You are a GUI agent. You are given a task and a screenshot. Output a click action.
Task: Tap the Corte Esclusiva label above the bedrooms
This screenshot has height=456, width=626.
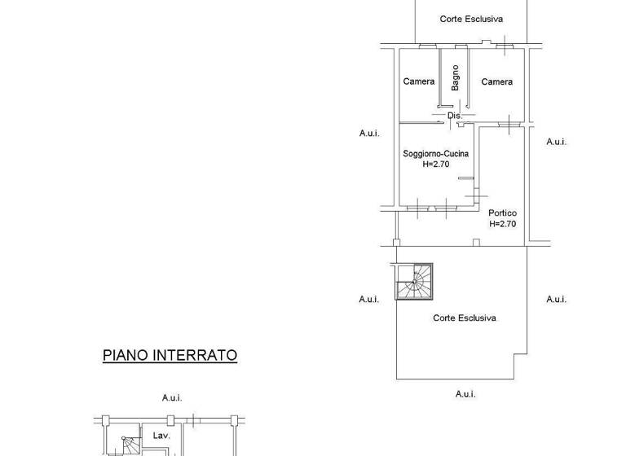[471, 19]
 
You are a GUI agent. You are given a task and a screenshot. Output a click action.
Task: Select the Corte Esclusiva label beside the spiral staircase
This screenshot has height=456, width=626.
[464, 318]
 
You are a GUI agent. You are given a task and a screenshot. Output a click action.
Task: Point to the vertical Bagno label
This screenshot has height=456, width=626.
[456, 78]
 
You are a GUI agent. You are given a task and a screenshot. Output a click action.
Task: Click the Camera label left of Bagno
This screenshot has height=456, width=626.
[419, 81]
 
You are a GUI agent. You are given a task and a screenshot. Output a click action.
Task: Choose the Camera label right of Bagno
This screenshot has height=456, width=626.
[496, 81]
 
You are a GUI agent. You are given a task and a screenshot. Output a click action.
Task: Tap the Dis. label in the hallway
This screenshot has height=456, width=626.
[455, 116]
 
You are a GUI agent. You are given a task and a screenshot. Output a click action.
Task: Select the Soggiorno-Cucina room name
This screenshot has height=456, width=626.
[436, 153]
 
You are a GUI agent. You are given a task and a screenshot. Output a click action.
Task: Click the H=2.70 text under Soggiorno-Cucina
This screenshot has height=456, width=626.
[436, 164]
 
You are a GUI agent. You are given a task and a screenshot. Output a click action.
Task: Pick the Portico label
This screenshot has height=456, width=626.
[502, 213]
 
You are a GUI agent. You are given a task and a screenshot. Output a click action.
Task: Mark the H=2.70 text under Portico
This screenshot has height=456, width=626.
[502, 224]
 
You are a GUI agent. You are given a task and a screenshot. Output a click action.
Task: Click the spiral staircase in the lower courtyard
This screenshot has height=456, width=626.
[415, 282]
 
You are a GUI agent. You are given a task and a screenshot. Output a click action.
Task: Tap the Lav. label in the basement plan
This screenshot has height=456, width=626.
[161, 436]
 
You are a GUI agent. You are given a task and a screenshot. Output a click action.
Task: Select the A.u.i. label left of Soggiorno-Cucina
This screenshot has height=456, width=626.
[369, 133]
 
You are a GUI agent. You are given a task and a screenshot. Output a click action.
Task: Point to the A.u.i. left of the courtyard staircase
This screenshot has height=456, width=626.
[369, 299]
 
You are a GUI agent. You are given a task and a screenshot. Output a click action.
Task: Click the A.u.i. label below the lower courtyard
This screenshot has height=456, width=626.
[465, 394]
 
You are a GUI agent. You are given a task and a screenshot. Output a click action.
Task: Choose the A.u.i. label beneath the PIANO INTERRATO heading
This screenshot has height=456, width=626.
[171, 397]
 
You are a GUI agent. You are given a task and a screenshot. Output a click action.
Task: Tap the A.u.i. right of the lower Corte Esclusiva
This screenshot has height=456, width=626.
[556, 299]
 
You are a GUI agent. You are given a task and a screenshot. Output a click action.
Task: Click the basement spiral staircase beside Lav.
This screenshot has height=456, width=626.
[121, 445]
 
